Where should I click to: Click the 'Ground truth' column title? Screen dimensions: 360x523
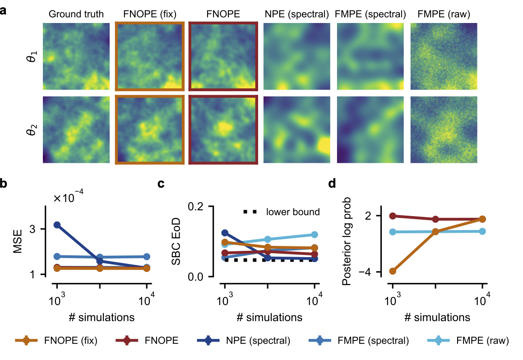coord(76,14)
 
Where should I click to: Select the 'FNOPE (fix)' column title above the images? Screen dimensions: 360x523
coord(150,14)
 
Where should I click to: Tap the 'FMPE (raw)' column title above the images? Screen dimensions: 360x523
coord(443,14)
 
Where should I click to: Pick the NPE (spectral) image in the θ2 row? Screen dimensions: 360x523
coord(296,129)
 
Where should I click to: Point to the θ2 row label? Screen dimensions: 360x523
coord(31,129)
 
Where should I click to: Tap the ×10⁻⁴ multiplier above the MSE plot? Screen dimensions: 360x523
coord(68,198)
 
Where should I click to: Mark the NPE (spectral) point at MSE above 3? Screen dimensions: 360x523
coord(57,225)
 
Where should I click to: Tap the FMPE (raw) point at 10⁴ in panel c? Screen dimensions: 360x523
coord(315,235)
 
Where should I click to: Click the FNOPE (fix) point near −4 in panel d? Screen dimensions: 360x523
coord(393,271)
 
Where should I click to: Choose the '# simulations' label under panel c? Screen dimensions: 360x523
coord(269,317)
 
